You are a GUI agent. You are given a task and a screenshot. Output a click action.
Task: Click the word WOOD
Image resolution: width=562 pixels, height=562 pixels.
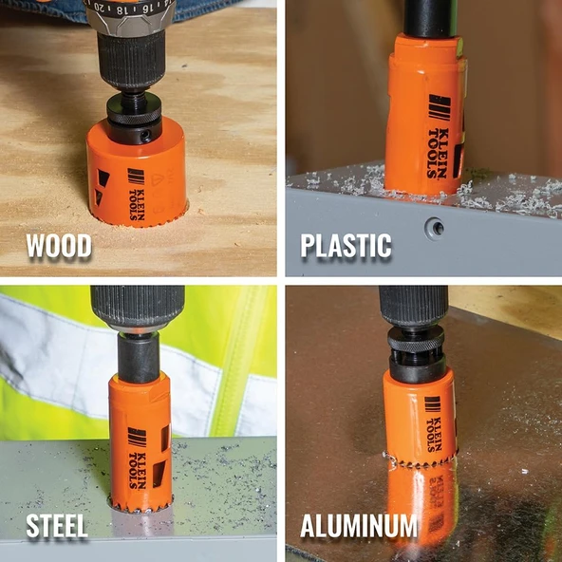[59, 246]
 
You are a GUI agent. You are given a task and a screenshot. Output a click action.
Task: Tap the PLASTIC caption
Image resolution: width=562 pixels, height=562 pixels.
[346, 246]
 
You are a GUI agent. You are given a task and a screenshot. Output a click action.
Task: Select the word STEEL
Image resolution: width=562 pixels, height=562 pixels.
[57, 526]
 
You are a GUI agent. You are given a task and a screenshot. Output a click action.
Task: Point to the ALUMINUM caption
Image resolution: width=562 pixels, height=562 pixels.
[359, 526]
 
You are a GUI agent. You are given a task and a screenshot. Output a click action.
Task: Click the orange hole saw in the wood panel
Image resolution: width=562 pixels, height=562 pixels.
[136, 174]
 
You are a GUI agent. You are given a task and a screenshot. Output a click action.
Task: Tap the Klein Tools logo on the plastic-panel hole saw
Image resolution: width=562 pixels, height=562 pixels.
[439, 137]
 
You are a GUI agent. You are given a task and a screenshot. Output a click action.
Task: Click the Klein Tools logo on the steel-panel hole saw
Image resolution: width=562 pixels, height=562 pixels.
[138, 458]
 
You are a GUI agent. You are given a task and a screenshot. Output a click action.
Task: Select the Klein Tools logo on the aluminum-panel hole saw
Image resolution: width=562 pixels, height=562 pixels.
[433, 423]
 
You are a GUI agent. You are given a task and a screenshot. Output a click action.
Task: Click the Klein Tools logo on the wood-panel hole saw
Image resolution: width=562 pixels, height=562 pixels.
[137, 194]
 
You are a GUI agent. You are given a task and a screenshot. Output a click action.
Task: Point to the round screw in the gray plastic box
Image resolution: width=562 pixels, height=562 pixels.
[435, 227]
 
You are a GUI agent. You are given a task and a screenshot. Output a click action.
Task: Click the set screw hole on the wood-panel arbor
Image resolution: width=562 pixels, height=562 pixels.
[145, 136]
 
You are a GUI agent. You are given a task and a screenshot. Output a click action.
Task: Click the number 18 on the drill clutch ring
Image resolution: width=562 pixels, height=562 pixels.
[122, 9]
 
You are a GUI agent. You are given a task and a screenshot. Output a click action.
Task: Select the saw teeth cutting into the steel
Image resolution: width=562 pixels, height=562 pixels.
[141, 504]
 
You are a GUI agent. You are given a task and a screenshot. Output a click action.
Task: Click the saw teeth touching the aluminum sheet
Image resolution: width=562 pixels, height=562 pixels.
[421, 461]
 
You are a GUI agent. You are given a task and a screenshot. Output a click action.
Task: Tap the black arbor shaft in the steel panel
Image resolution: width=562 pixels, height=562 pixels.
[139, 358]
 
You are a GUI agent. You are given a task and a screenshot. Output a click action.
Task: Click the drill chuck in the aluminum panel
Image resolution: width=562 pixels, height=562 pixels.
[413, 306]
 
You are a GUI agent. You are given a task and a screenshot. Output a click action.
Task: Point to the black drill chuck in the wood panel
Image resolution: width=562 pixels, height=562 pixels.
[131, 60]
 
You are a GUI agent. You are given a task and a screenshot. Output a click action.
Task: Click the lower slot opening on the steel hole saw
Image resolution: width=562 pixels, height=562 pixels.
[159, 474]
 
